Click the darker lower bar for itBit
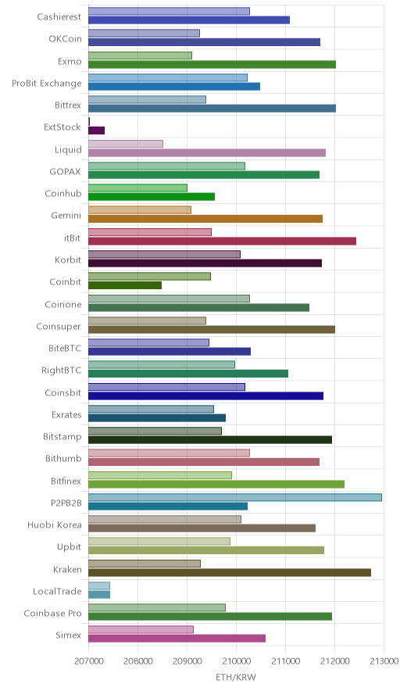click(222, 241)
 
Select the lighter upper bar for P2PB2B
click(235, 498)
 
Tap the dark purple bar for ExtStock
click(96, 131)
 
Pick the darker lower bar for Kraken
click(230, 572)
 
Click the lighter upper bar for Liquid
click(126, 144)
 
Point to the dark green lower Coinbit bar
click(125, 285)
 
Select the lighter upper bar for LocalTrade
click(99, 585)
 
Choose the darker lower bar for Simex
click(177, 639)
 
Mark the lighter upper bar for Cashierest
click(170, 12)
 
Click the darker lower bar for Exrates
click(157, 417)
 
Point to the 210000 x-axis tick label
click(236, 661)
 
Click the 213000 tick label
click(384, 661)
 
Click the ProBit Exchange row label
click(47, 84)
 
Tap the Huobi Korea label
click(55, 525)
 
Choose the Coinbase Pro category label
click(53, 613)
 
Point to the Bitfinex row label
click(66, 481)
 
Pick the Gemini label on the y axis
click(66, 216)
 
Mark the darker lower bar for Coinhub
click(152, 196)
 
